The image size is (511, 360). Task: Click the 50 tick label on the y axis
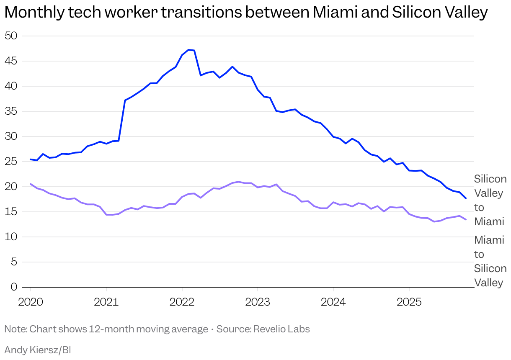(x=11, y=36)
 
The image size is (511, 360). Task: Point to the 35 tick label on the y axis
(x=11, y=111)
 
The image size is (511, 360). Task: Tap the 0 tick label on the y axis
(x=14, y=287)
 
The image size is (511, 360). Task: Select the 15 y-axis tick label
(x=11, y=212)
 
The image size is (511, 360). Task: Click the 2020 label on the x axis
(x=31, y=301)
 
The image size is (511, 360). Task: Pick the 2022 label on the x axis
(x=182, y=301)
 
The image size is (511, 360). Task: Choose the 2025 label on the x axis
(x=409, y=301)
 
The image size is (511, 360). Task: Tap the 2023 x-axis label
(x=258, y=301)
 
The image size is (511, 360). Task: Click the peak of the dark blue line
(x=188, y=49)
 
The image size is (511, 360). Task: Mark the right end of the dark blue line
(x=466, y=198)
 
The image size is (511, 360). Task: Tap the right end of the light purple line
(x=466, y=219)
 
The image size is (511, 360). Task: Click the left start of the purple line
(x=31, y=184)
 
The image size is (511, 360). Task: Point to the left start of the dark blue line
(x=31, y=159)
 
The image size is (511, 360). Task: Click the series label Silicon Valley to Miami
(x=490, y=200)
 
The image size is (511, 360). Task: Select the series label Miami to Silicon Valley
(x=490, y=261)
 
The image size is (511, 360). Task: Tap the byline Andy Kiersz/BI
(x=37, y=350)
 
